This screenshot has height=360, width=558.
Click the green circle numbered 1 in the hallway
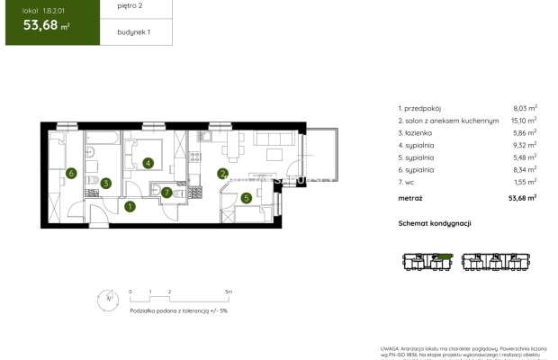(130, 206)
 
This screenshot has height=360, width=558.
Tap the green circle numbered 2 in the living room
(222, 174)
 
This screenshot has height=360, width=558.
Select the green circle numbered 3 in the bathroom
(105, 184)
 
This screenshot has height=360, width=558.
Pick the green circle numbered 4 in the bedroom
(148, 163)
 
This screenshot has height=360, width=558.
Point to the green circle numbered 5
(247, 198)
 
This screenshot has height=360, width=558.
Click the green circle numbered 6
(69, 173)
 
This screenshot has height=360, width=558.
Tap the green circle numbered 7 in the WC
(166, 191)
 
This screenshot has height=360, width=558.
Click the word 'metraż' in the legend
(410, 197)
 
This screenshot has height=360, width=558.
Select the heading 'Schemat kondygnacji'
(435, 222)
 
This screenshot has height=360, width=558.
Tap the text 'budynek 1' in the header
(133, 31)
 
